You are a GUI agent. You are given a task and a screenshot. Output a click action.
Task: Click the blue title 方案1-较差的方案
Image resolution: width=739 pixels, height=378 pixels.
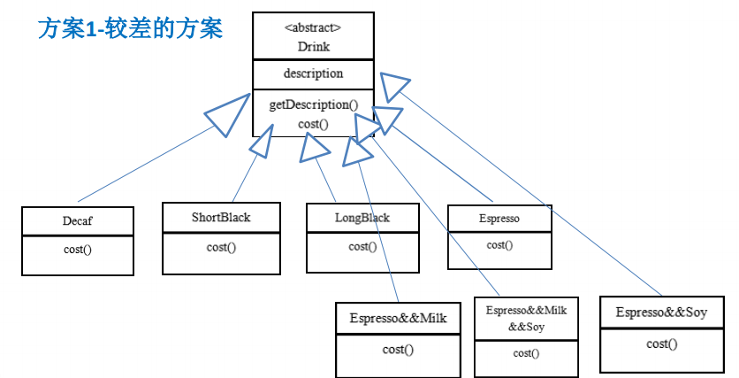[x=130, y=28]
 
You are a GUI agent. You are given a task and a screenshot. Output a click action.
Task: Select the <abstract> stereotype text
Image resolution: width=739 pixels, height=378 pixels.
[x=312, y=27]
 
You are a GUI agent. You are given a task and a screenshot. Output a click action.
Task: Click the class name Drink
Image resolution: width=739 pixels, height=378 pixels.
[x=312, y=46]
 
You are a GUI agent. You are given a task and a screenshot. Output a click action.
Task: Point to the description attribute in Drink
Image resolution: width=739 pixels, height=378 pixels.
[x=313, y=73]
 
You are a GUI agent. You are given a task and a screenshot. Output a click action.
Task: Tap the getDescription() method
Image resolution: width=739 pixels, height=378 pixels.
[x=313, y=104]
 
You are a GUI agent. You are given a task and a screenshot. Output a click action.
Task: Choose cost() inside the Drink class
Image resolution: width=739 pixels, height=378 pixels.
[x=313, y=124]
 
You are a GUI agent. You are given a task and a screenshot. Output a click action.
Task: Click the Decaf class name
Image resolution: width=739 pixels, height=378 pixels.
[x=78, y=221]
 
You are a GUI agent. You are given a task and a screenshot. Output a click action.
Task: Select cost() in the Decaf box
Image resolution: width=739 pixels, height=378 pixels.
[x=78, y=250]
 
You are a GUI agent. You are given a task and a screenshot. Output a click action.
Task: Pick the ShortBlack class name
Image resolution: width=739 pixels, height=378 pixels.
[x=221, y=217]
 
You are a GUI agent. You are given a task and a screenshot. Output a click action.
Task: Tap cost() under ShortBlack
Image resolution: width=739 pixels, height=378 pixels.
[x=221, y=247]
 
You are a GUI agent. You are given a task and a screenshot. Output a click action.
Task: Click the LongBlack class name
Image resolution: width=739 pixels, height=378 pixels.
[x=362, y=218]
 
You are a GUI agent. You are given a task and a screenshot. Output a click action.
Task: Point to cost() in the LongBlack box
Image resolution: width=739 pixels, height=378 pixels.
[x=362, y=247]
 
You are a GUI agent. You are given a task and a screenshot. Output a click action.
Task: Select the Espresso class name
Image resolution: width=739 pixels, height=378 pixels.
[x=499, y=218]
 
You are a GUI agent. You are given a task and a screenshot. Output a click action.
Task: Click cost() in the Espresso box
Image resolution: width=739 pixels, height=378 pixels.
[x=499, y=244]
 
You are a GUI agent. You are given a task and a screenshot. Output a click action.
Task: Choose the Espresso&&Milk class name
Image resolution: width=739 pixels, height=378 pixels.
[x=398, y=318]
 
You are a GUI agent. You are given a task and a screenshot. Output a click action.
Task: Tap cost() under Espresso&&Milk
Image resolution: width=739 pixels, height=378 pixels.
[x=398, y=350]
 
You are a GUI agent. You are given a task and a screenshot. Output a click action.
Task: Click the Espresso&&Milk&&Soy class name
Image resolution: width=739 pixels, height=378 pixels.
[x=526, y=319]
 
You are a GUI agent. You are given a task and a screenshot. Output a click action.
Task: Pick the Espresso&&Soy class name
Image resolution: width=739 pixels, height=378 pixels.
[x=661, y=313]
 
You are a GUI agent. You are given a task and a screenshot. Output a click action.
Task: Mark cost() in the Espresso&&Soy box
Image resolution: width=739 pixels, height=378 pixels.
[x=661, y=344]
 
